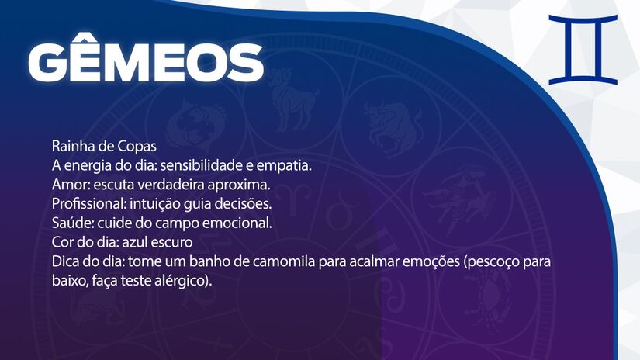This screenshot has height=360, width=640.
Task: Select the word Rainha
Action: coord(72,146)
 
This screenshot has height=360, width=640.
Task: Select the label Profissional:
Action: coord(86,203)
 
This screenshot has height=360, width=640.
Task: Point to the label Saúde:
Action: coord(71,223)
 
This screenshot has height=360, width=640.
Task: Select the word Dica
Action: coord(66,261)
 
